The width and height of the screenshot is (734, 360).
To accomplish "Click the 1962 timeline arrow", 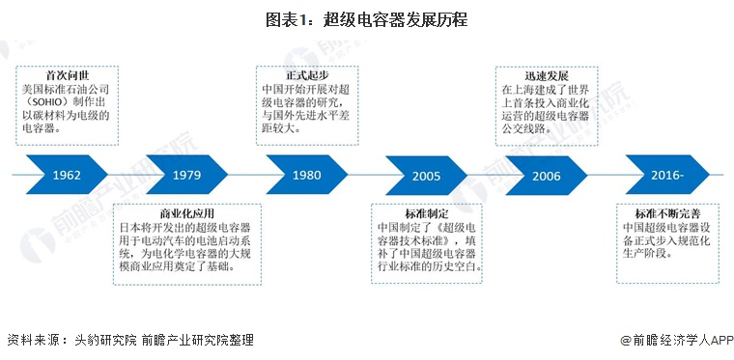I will click(67, 176).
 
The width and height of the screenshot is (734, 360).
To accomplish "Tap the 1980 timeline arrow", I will click(306, 176).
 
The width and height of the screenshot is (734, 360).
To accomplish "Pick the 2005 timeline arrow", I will click(426, 176).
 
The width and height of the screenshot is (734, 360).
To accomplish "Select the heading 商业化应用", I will click(183, 212).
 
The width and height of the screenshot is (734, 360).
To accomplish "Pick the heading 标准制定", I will click(425, 212).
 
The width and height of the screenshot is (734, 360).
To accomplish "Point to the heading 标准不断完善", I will click(666, 212).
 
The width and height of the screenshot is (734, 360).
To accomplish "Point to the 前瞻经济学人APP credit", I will click(676, 340).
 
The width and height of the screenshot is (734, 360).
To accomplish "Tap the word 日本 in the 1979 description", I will click(127, 229).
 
